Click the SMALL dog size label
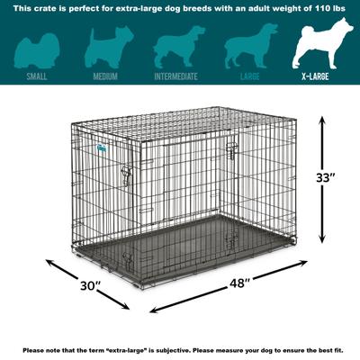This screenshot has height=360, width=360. (37, 76)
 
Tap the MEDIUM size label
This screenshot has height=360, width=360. (104, 76)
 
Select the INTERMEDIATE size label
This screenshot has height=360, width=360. (175, 76)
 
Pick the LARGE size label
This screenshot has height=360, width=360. (250, 76)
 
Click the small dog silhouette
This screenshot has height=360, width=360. (37, 46)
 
